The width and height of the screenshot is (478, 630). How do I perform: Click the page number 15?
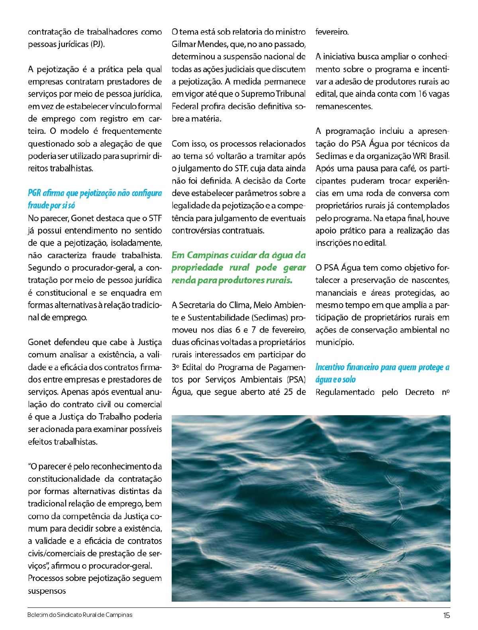click(x=446, y=615)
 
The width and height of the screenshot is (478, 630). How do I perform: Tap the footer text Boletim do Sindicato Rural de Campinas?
click(x=80, y=615)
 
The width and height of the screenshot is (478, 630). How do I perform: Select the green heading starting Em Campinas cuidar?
click(x=239, y=267)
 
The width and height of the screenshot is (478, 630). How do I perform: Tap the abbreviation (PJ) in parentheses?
click(x=97, y=44)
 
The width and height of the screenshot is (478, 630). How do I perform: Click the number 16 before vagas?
click(x=423, y=94)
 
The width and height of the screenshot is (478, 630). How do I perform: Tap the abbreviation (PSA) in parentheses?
click(x=296, y=379)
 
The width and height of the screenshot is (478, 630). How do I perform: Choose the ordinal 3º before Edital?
click(x=177, y=367)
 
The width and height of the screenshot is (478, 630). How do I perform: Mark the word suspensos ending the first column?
click(x=47, y=591)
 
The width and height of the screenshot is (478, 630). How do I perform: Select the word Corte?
click(x=296, y=181)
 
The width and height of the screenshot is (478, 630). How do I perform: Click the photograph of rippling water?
click(x=311, y=508)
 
